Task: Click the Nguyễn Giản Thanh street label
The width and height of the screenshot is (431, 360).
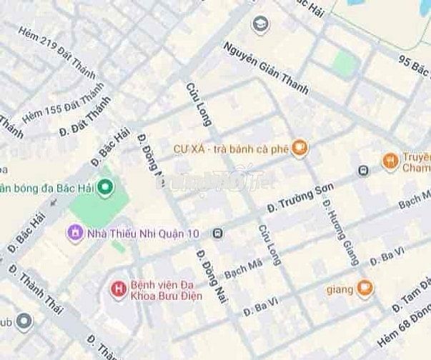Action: coord(265,68)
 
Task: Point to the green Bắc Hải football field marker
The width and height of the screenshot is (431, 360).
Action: coord(106,188)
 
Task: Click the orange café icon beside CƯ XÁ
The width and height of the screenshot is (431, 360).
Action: coord(301,149)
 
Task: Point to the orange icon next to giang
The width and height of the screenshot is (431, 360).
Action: coord(365,289)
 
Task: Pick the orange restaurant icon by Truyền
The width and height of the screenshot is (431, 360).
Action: coord(390,160)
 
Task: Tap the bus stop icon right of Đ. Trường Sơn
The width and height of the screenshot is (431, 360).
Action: coord(364,171)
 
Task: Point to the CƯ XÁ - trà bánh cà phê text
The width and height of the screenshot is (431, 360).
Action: coord(231,149)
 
